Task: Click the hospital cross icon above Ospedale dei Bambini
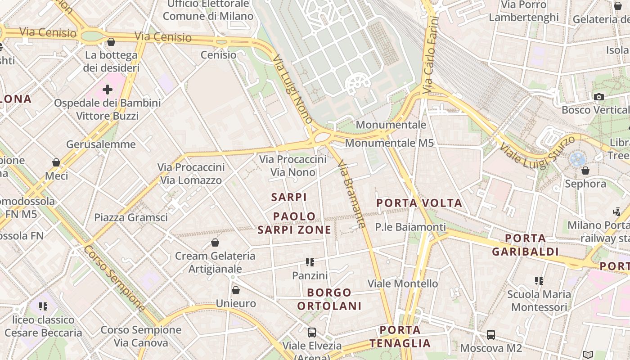pyautogui.click(x=107, y=90)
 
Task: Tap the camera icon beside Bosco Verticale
pyautogui.click(x=598, y=97)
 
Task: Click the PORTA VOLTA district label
pyautogui.click(x=419, y=203)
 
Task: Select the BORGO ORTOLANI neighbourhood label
pyautogui.click(x=329, y=299)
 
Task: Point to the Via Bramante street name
pyautogui.click(x=351, y=194)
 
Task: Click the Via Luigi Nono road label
pyautogui.click(x=292, y=89)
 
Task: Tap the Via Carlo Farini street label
pyautogui.click(x=431, y=52)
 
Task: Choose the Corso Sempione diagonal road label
pyautogui.click(x=115, y=279)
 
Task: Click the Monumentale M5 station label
pyautogui.click(x=389, y=143)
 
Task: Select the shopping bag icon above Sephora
pyautogui.click(x=585, y=171)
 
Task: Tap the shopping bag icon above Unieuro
pyautogui.click(x=236, y=290)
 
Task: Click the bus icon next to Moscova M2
pyautogui.click(x=491, y=335)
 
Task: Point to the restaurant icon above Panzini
pyautogui.click(x=310, y=262)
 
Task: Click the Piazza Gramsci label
pyautogui.click(x=131, y=217)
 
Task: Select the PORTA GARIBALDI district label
pyautogui.click(x=525, y=245)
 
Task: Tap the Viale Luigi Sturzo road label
pyautogui.click(x=538, y=153)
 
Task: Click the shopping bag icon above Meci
pyautogui.click(x=56, y=162)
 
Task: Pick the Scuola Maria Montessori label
pyautogui.click(x=539, y=301)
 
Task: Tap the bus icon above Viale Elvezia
pyautogui.click(x=311, y=333)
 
